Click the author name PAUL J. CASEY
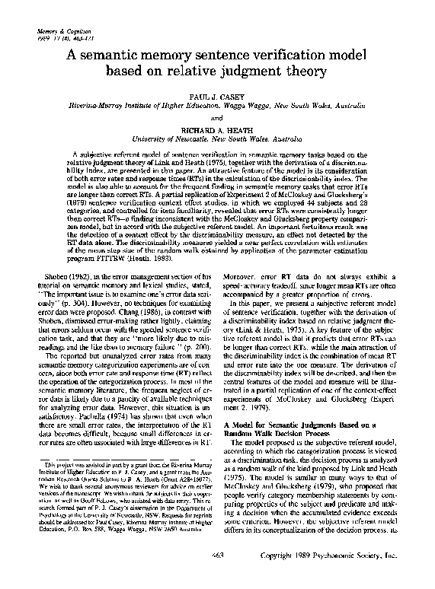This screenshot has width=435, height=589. tap(218, 98)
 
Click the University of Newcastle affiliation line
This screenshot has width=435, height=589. tap(218, 139)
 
